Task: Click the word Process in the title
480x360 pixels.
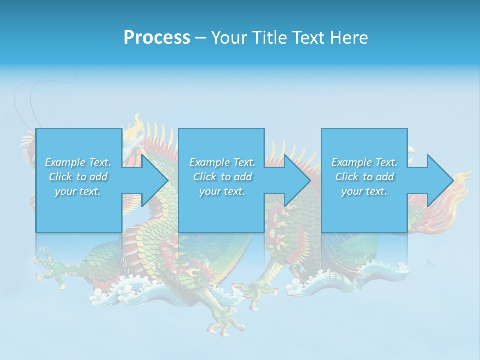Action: [x=157, y=38]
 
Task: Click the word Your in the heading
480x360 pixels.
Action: [x=229, y=38]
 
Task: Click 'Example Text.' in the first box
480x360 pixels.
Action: [x=78, y=162]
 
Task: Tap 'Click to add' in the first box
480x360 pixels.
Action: [x=78, y=177]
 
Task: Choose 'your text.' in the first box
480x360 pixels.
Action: [x=78, y=191]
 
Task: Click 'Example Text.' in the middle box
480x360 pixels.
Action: [x=222, y=162]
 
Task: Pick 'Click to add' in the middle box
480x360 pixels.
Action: [x=222, y=177]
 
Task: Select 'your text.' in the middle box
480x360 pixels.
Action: [x=222, y=191]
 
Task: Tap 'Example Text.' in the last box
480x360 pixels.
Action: [x=364, y=162]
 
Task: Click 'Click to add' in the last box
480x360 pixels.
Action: [x=364, y=177]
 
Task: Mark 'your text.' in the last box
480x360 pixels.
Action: [x=364, y=191]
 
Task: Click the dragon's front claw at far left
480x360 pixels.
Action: [x=47, y=265]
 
